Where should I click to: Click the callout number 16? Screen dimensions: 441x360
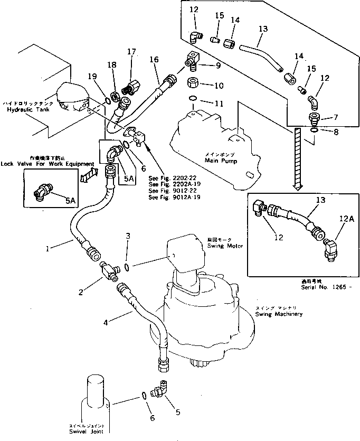[x=154, y=61]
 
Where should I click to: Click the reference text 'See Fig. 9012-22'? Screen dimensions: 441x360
[x=168, y=190]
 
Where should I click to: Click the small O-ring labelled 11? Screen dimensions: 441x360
[x=194, y=98]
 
